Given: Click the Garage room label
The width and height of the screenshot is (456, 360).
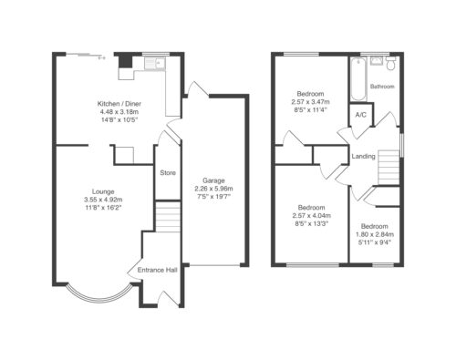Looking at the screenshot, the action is tap(213, 180).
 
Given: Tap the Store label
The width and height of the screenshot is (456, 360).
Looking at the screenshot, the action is tap(168, 172).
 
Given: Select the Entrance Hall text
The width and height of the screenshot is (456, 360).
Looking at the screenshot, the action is tap(157, 270).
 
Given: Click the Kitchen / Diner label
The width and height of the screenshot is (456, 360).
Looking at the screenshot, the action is tap(119, 104).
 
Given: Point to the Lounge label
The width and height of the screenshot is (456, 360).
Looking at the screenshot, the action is tap(103, 191).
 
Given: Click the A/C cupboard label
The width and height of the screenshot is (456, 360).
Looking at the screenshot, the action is tap(361, 115).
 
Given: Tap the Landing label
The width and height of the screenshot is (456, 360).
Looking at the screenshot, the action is tap(363, 156).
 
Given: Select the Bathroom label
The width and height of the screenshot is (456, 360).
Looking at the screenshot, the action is tap(382, 87).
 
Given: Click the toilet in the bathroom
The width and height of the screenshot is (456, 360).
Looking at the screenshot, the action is tap(390, 63).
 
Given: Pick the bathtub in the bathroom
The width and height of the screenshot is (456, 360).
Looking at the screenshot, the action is tap(358, 79).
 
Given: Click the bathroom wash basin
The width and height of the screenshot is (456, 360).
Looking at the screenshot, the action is tap(377, 61).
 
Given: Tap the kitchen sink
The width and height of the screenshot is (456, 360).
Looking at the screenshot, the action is tap(155, 64).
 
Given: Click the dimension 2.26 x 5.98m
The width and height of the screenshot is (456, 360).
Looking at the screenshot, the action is tap(213, 189).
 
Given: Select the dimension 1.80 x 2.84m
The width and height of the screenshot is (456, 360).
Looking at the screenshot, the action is tap(375, 234).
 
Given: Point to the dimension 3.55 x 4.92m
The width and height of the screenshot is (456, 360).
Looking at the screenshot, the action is tap(103, 200).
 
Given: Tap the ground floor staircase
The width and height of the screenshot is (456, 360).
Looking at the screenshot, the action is tap(168, 217).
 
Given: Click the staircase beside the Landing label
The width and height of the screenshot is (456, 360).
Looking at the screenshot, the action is tap(389, 167).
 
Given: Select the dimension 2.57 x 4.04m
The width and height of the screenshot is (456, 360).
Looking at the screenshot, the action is tap(312, 215).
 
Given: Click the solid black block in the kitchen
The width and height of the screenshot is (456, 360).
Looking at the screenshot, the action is tap(126, 60).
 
